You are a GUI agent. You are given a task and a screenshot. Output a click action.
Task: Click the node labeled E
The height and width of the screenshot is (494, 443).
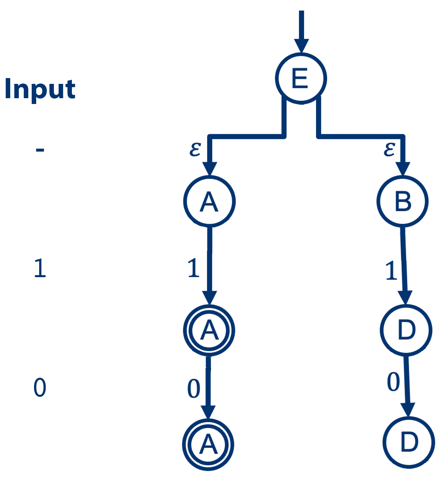coord(301,78)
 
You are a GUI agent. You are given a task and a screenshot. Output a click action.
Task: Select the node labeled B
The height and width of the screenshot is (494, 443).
coord(402,201)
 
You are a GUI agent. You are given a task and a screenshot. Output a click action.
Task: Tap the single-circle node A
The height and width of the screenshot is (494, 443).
coord(209,201)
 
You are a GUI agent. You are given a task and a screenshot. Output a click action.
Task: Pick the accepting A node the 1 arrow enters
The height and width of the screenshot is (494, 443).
coord(209,330)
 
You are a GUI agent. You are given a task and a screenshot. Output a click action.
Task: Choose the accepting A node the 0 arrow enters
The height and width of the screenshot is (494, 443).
coord(208,445)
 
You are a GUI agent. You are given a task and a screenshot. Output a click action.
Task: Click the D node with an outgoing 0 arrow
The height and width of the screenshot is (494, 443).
coord(406,330)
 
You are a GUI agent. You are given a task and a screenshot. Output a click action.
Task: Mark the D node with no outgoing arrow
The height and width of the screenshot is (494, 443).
coord(409,443)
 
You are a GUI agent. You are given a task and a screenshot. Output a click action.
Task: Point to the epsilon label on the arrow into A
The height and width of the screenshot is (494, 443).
coord(195,149)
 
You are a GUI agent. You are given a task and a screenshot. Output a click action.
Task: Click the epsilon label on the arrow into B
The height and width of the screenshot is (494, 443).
coord(389,149)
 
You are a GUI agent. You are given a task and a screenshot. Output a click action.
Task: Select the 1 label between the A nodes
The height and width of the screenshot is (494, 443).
coord(194,268)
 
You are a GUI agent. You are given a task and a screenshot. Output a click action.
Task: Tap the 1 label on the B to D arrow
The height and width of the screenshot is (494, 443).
coord(392,271)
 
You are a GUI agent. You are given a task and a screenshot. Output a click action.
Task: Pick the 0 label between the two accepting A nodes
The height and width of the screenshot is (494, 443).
coord(194,389)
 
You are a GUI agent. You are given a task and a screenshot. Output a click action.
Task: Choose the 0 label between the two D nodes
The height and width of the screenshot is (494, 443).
coord(393,382)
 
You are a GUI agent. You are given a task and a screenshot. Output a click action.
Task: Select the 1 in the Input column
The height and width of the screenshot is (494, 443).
coord(40,268)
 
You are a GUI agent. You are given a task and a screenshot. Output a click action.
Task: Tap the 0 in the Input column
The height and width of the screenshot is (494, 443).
coord(40,388)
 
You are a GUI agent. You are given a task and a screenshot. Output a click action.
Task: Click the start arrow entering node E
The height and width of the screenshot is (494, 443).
coord(301,31)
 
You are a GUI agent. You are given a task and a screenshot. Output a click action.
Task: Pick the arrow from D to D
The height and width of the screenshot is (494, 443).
coord(407,385)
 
